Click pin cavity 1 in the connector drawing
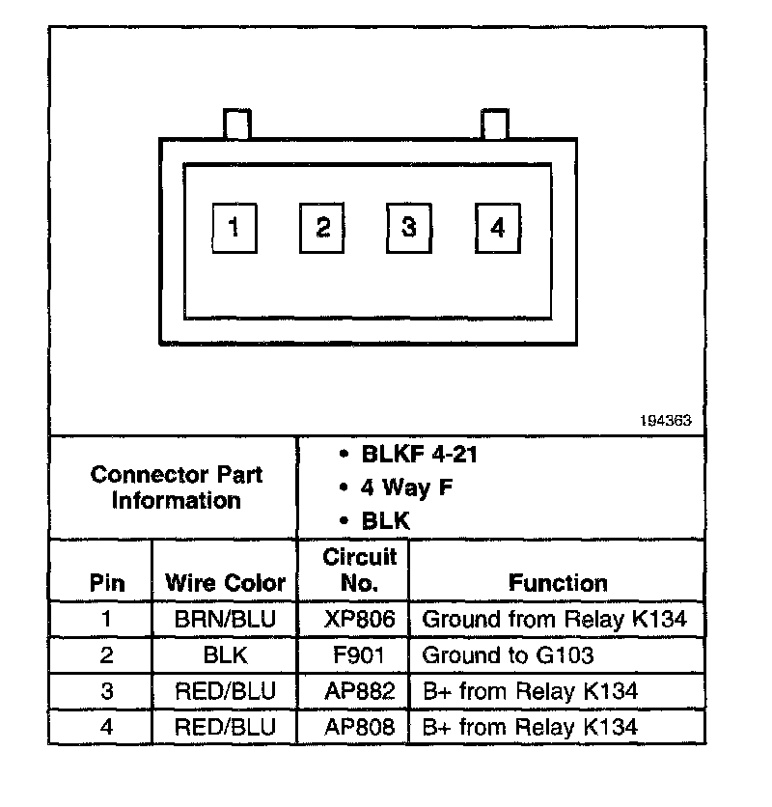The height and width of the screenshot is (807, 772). click(234, 228)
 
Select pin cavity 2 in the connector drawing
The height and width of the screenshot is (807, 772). click(322, 228)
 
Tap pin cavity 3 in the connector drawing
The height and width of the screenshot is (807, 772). click(409, 228)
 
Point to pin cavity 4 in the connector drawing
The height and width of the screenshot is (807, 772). click(497, 228)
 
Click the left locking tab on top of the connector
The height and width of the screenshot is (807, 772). click(236, 125)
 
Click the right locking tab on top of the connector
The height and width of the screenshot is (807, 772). click(494, 125)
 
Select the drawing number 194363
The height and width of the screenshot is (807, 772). click(665, 422)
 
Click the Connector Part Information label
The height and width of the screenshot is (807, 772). click(176, 487)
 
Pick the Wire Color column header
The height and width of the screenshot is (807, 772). click(225, 583)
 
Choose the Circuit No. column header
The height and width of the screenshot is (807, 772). click(359, 570)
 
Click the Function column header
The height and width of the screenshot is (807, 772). click(558, 583)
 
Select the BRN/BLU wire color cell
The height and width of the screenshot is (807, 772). click(225, 620)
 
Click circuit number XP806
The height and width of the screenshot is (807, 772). click(359, 620)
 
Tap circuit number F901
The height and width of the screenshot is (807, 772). click(359, 656)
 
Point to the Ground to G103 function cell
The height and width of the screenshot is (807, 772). click(508, 656)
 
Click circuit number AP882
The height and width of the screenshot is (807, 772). click(359, 692)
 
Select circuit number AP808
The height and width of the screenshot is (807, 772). click(359, 727)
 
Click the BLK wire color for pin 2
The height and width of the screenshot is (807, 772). click(225, 656)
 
